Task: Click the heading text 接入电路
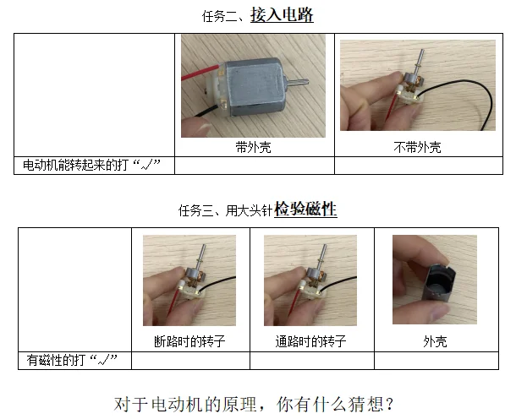[x=282, y=15]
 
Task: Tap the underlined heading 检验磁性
[x=305, y=209]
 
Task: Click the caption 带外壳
[x=254, y=147]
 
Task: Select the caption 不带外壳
[x=417, y=147]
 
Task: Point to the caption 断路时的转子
[x=189, y=341]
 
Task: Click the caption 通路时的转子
[x=310, y=341]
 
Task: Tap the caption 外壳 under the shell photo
[x=435, y=341]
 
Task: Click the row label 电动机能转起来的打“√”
[x=91, y=165]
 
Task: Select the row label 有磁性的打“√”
[x=72, y=360]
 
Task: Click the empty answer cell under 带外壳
[x=255, y=166]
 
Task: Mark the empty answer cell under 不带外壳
[x=419, y=166]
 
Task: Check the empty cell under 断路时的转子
[x=190, y=361]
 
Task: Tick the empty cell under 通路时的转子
[x=312, y=361]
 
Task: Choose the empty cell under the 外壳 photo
[x=436, y=361]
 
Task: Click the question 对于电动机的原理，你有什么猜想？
[x=254, y=404]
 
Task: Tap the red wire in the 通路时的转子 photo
[x=295, y=303]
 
